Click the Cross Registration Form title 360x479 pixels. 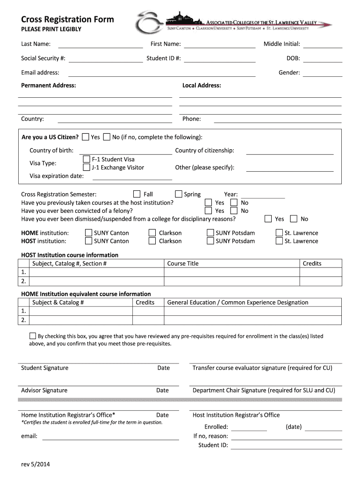pos(67,19)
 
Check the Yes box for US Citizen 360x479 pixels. pos(86,137)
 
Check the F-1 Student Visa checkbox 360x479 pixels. pos(86,160)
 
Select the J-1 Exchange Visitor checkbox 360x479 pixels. pos(86,167)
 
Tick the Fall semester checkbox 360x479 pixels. pos(137,194)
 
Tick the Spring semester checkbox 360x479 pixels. pos(179,194)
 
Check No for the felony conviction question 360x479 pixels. pos(234,211)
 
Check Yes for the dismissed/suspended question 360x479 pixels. pos(268,219)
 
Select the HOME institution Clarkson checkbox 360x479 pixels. pos(152,233)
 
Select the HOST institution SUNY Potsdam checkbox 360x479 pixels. pos(210,241)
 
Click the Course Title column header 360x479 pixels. pos(183,263)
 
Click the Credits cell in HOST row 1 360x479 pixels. pos(320,272)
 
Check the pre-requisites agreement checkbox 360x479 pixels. pos(33,336)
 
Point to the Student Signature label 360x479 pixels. pos(44,368)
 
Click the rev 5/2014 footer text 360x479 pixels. pos(36,464)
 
